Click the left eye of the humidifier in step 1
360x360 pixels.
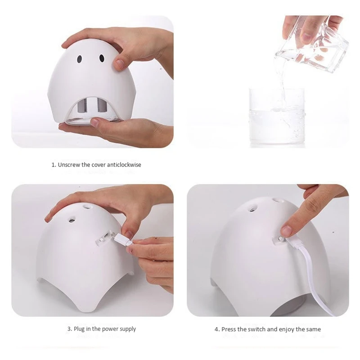(79, 59)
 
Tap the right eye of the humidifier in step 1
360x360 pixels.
(102, 58)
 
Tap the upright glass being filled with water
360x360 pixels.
(277, 117)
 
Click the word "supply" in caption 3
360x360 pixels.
(128, 329)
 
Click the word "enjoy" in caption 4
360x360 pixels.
(287, 330)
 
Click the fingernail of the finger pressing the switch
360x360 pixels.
(286, 230)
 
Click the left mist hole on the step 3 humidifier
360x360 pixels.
(71, 220)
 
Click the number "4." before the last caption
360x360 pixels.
(217, 329)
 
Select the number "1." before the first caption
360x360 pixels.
(54, 165)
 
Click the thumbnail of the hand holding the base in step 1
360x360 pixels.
(94, 121)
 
